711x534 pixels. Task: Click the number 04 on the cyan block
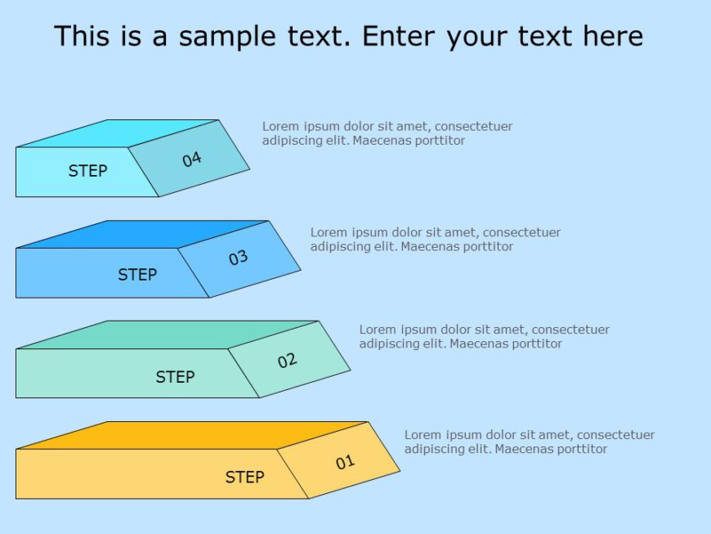192,159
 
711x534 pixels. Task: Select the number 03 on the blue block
238,258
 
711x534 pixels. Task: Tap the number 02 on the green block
287,360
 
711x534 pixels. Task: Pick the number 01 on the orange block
345,462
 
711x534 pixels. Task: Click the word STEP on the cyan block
87,171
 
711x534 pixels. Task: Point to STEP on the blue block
137,275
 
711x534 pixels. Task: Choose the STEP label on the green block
175,377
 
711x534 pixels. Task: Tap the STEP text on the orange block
244,478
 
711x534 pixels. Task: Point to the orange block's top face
192,435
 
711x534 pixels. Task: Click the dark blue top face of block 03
143,234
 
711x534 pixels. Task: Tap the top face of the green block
168,334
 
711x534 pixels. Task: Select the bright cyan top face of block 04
118,133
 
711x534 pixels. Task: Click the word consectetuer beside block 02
571,330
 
